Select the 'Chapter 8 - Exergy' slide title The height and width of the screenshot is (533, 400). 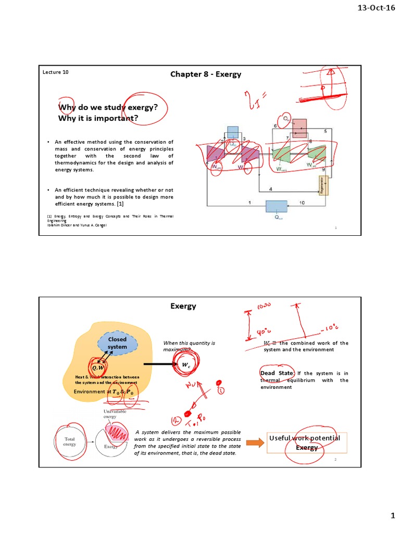point(206,74)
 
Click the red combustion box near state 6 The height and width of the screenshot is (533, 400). point(299,126)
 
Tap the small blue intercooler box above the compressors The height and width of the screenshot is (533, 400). point(233,132)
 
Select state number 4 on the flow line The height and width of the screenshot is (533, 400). point(270,188)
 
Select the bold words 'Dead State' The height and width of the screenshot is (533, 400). point(277,373)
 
